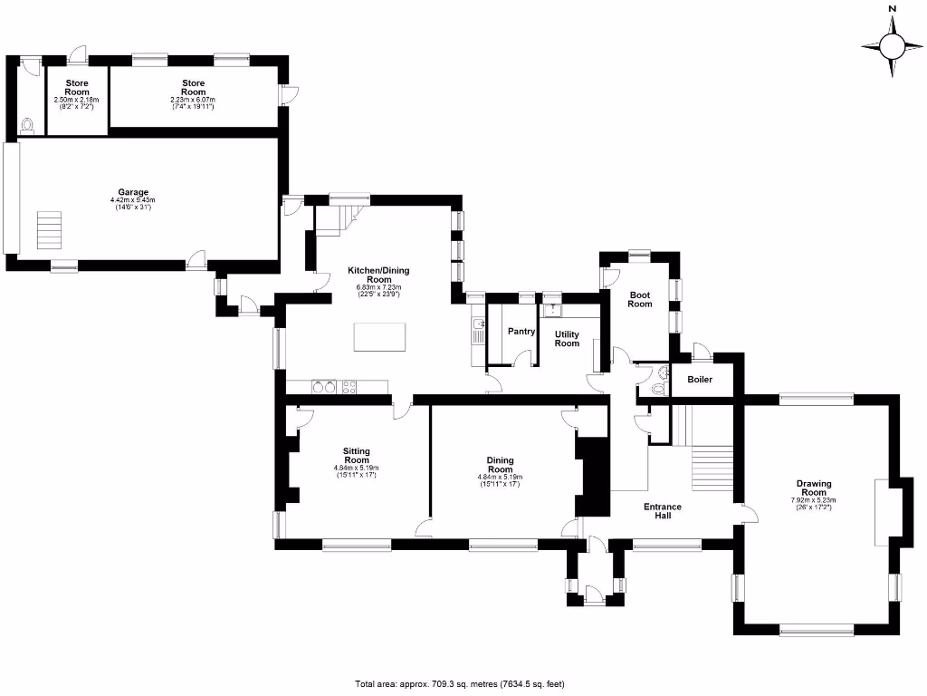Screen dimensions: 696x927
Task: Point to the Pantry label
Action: pos(521,332)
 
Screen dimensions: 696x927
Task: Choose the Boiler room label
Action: pos(700,379)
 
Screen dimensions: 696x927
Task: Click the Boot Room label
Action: pos(640,299)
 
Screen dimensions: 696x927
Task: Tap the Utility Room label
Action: pos(567,339)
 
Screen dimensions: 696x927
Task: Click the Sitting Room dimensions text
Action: pos(355,471)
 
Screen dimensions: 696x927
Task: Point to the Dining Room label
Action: pos(501,465)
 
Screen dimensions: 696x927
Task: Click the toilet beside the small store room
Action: pos(26,125)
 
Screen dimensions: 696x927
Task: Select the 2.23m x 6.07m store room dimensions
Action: pos(193,102)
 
